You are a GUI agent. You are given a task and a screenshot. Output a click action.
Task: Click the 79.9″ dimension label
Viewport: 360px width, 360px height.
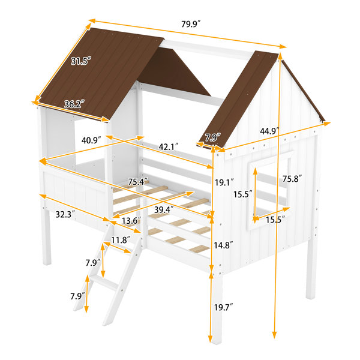(191, 24)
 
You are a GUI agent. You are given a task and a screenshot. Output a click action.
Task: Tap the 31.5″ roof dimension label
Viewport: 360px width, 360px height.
(81, 61)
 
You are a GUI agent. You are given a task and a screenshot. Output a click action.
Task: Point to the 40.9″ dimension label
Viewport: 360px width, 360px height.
(91, 140)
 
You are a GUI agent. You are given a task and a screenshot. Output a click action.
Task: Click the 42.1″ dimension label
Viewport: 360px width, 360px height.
(169, 147)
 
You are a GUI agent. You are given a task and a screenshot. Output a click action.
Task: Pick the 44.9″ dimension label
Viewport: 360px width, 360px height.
(269, 131)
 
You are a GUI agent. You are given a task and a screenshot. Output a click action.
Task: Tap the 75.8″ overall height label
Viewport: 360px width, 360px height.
(292, 179)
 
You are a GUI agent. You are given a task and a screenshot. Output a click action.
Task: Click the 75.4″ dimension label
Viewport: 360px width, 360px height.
(138, 182)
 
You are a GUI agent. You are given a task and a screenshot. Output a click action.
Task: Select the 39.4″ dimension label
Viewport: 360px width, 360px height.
(164, 209)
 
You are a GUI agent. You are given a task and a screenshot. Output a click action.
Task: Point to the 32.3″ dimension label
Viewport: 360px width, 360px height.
(65, 214)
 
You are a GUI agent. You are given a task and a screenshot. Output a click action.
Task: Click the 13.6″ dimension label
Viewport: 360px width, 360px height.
(131, 221)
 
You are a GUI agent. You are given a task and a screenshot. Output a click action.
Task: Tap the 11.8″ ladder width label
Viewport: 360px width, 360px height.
(121, 240)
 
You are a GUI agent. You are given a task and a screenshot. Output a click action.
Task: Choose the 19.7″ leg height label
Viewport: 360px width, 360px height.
(224, 307)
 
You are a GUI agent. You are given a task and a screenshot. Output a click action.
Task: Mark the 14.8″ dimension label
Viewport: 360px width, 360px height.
(224, 245)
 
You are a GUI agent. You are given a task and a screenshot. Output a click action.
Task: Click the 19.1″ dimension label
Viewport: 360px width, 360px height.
(224, 182)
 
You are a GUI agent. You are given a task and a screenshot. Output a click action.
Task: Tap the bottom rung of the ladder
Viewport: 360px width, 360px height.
(103, 283)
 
